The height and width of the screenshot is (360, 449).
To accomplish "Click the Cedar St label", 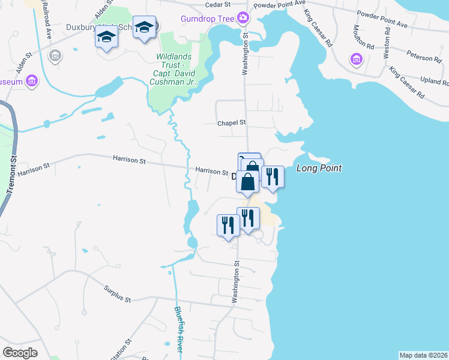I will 201,4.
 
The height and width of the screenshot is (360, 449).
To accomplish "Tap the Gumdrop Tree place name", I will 207,19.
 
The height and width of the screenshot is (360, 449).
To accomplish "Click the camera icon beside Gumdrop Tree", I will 243,17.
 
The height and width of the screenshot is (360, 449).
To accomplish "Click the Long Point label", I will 319,169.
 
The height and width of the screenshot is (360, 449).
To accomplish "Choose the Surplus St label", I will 116,293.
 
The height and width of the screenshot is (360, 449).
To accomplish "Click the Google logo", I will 20,352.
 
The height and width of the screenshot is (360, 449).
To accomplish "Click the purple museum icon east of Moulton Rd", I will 357,59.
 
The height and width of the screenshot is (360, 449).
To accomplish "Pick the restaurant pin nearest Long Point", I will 273,176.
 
